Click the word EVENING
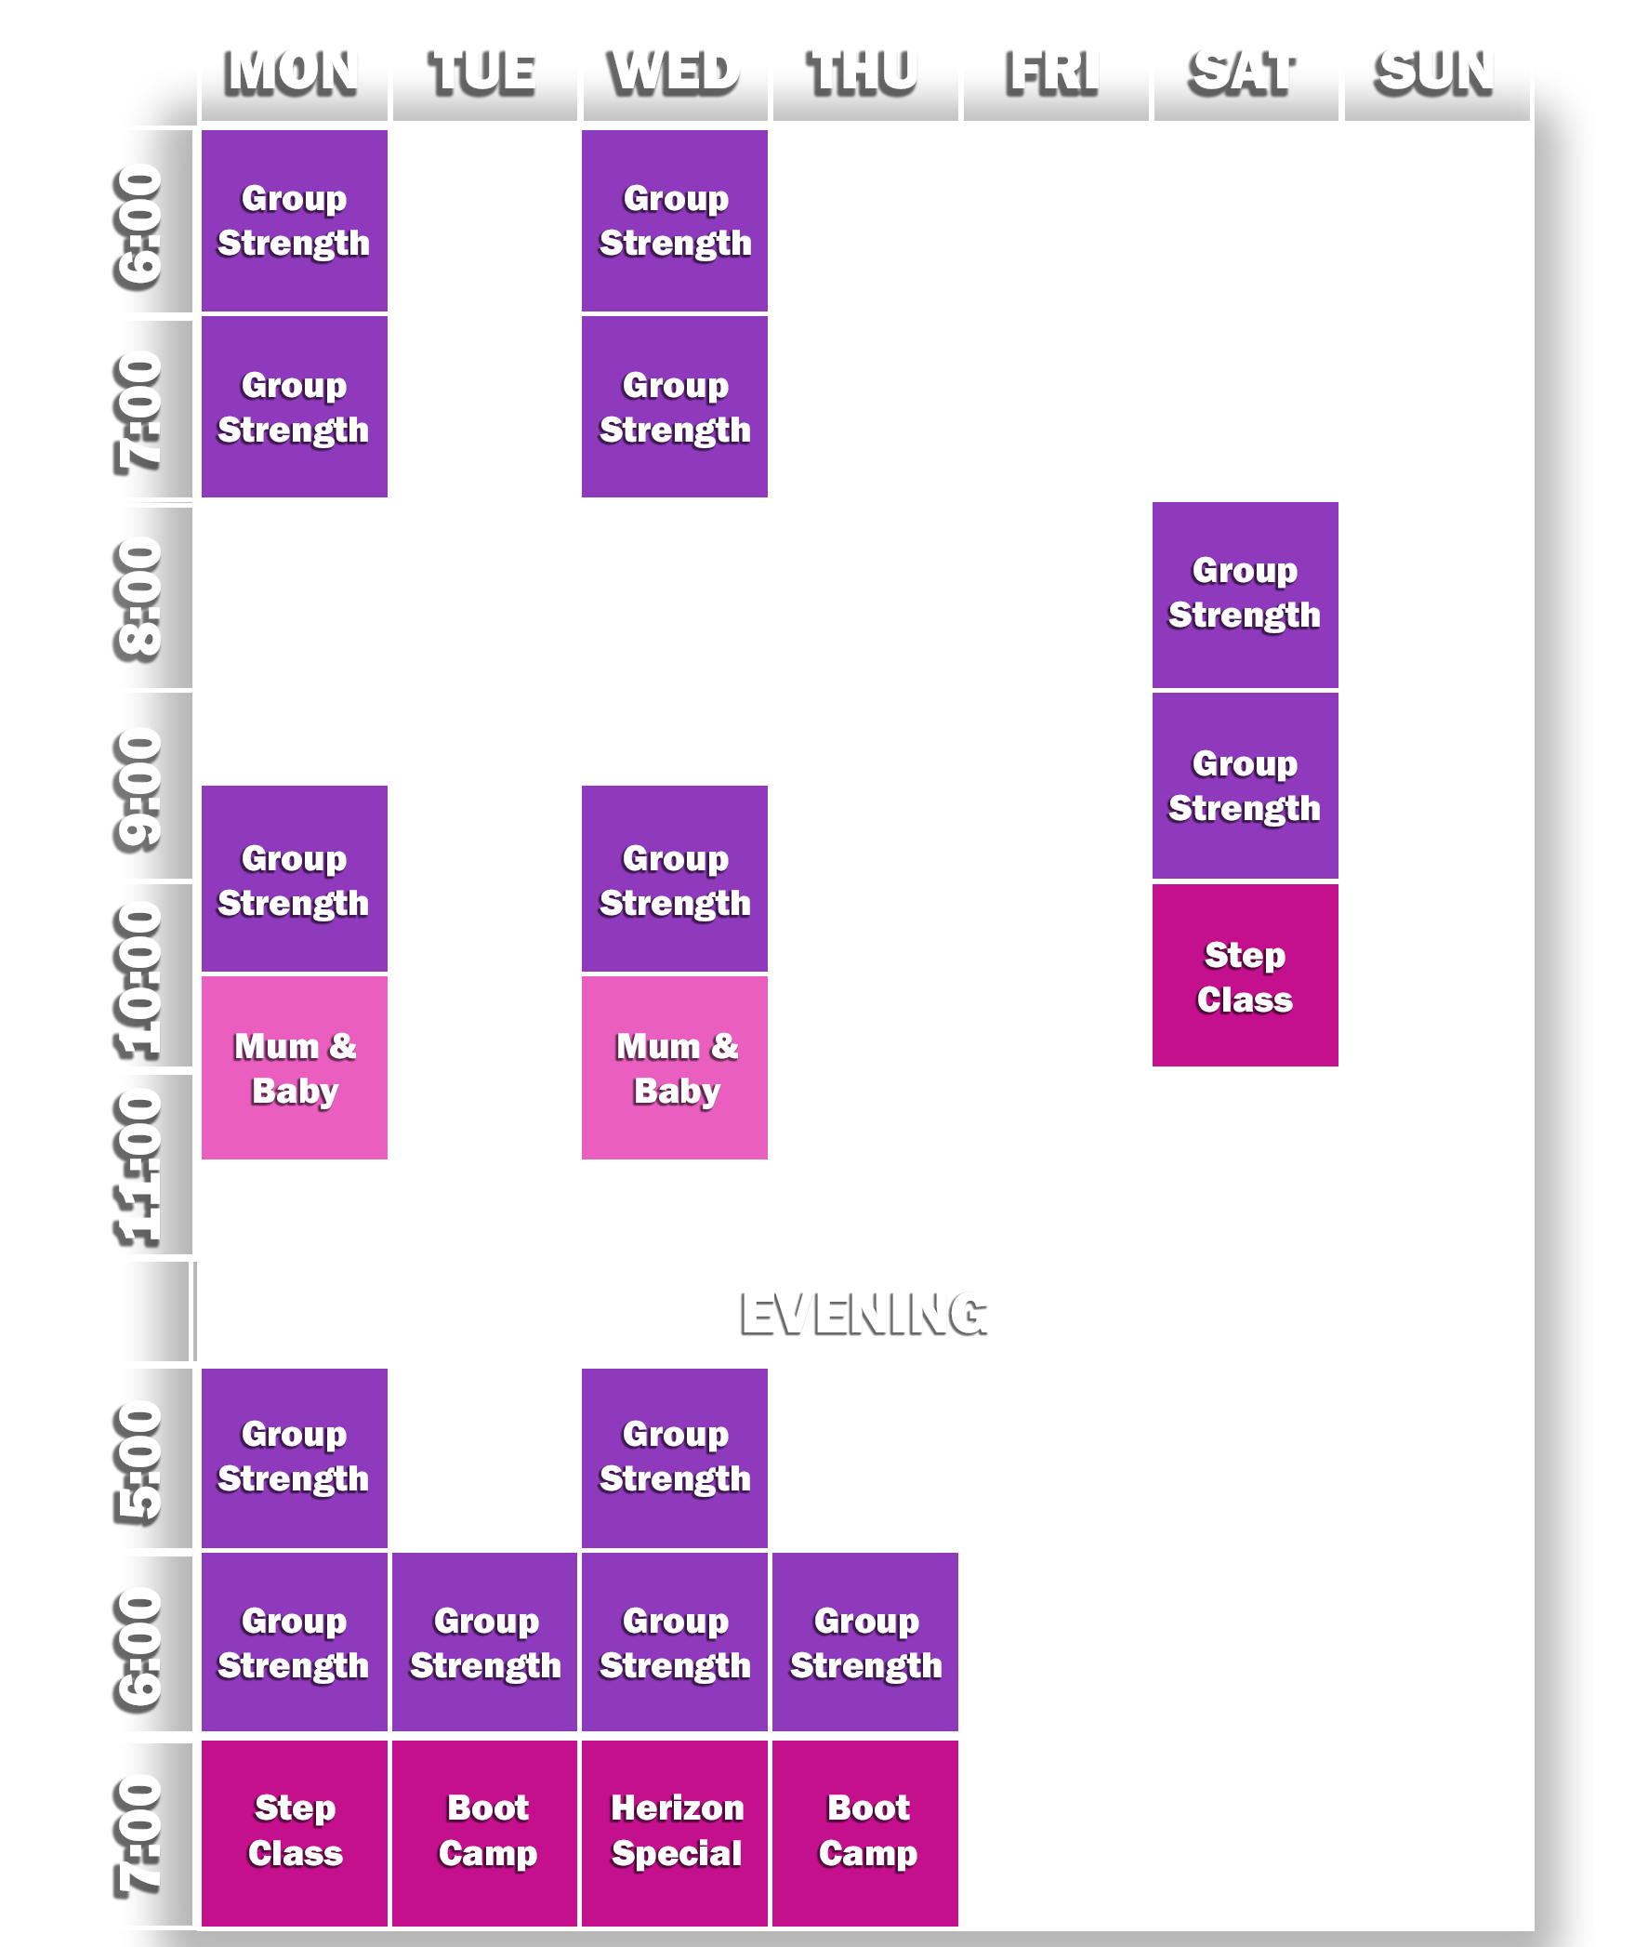pos(863,1315)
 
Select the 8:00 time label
pos(141,596)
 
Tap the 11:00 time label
pos(141,1164)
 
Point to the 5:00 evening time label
pos(141,1458)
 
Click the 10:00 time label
pos(141,976)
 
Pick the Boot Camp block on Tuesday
pos(485,1832)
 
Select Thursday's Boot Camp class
pos(865,1832)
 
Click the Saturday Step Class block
pos(1246,976)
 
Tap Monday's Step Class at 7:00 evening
pos(295,1832)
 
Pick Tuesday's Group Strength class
pos(485,1643)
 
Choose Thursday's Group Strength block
pos(865,1643)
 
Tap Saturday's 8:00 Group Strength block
pos(1246,594)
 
